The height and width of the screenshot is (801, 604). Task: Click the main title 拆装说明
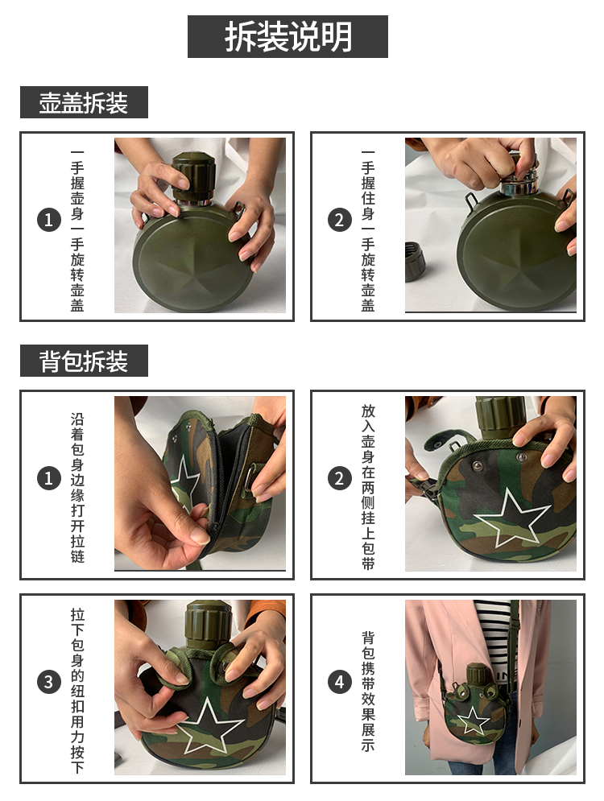(x=288, y=36)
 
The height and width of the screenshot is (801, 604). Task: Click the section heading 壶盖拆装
(x=84, y=103)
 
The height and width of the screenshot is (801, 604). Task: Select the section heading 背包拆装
(x=84, y=361)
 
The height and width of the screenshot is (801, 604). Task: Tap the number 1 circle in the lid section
(x=49, y=220)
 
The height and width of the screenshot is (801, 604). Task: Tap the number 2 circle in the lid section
(x=339, y=220)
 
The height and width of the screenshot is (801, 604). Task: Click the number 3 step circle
(x=49, y=682)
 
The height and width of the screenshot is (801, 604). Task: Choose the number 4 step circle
(x=339, y=682)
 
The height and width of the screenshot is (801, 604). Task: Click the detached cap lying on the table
(x=415, y=262)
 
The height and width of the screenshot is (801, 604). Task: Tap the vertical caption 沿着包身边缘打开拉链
(x=77, y=488)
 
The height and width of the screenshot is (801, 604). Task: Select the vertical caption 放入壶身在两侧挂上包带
(x=368, y=487)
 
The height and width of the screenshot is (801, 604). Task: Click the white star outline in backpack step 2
(x=511, y=516)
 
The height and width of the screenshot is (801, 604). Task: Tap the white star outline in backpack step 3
(x=209, y=725)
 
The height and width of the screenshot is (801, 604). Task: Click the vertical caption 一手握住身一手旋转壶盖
(x=368, y=231)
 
